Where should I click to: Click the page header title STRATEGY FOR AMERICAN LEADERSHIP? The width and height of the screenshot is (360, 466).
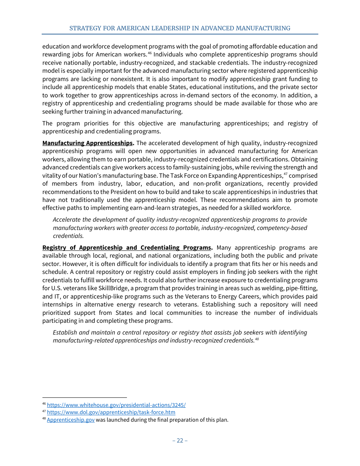[x=180, y=28]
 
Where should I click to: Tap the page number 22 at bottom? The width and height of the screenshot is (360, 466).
[x=180, y=440]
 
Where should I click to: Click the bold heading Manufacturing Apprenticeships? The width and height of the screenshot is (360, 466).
[x=88, y=143]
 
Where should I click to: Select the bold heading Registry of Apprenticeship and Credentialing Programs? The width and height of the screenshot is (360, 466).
[x=127, y=248]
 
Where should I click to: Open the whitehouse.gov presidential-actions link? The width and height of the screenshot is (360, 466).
[x=116, y=405]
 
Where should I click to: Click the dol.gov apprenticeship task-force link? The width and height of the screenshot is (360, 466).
[x=111, y=412]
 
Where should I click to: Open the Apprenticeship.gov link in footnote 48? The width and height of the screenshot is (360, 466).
[x=70, y=420]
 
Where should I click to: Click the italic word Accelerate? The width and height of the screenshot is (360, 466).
[x=67, y=220]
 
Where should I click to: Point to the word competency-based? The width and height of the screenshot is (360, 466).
[x=282, y=228]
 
